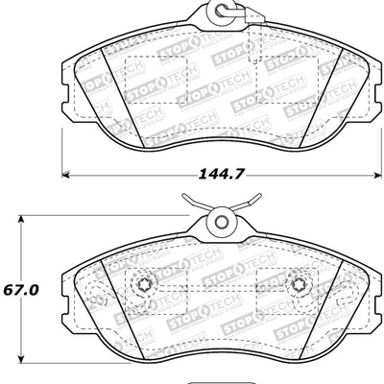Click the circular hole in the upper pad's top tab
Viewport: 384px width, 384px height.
(x=222, y=15)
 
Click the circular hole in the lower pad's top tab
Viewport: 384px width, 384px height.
(x=222, y=222)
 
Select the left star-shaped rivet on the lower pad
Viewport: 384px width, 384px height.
(x=146, y=285)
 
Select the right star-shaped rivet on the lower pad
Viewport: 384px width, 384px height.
(x=298, y=285)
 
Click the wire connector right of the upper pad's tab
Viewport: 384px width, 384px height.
(x=252, y=16)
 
